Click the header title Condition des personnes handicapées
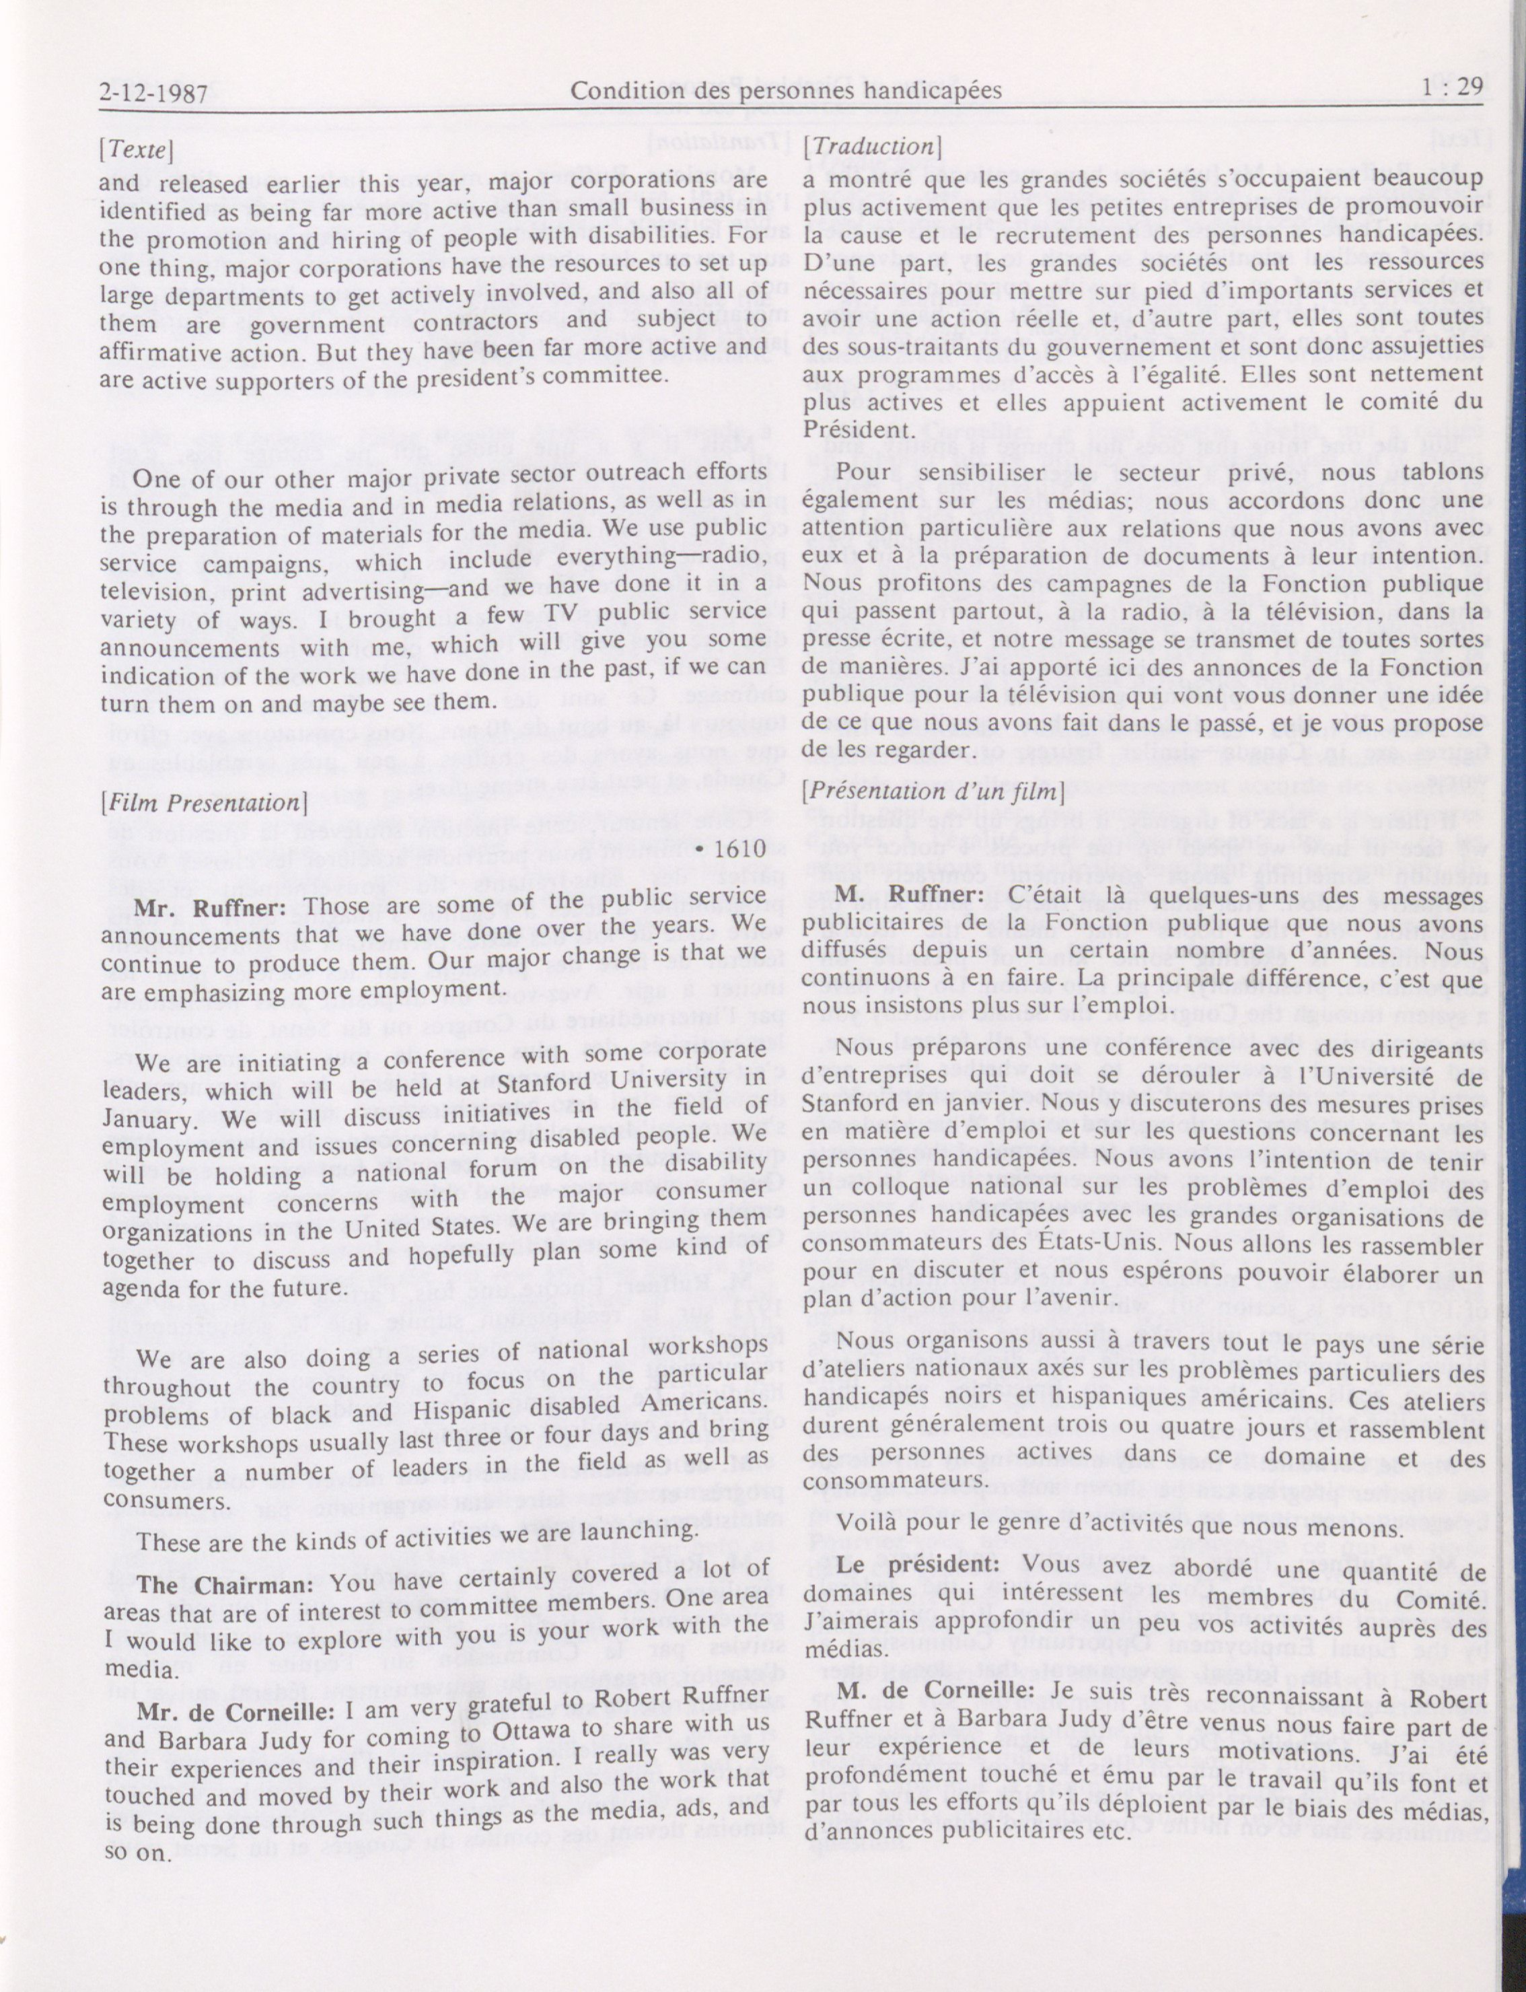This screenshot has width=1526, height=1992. (786, 90)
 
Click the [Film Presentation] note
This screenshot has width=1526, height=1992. (202, 803)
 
